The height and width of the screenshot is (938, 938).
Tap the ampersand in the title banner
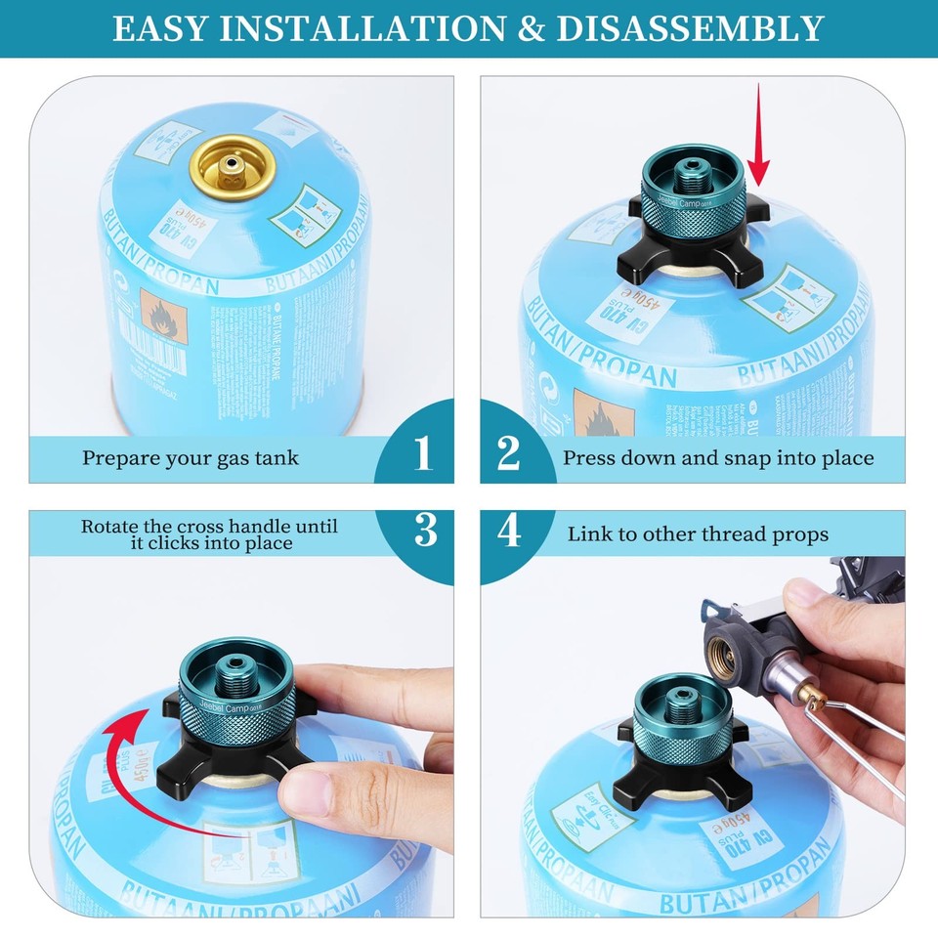point(531,28)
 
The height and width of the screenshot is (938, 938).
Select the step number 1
point(422,453)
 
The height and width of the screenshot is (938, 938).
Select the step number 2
point(509,453)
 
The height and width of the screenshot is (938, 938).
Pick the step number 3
point(426,530)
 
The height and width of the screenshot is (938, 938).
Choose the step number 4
point(509,533)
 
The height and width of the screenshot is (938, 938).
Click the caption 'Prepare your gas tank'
point(190,457)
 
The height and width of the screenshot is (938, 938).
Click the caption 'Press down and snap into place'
point(718,457)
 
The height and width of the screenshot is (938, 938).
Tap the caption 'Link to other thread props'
point(698,534)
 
